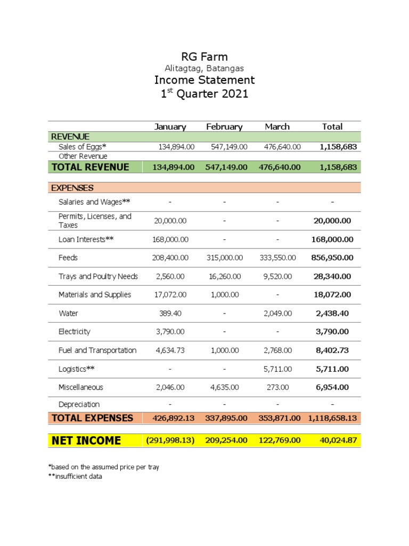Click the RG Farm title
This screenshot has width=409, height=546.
click(204, 57)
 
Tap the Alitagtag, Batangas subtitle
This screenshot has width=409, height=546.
click(204, 68)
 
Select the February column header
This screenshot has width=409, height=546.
click(224, 127)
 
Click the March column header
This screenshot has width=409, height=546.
click(277, 127)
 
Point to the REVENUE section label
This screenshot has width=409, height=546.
click(70, 136)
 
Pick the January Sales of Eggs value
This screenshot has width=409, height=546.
click(176, 147)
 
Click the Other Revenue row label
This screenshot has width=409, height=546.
click(83, 156)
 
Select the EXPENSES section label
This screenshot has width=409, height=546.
click(72, 188)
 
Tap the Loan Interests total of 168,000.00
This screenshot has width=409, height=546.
click(332, 239)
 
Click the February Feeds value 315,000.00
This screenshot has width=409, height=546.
click(224, 258)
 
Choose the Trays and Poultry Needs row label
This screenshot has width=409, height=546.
click(98, 276)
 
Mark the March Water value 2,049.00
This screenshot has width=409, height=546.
click(277, 313)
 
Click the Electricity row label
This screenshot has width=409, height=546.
click(74, 332)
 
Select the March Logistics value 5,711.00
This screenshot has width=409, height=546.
click(277, 369)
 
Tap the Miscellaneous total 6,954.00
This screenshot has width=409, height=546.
click(332, 387)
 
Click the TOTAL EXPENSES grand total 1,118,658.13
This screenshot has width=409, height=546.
click(332, 418)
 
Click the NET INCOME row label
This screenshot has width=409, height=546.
click(86, 440)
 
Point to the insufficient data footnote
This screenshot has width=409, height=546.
click(75, 477)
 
